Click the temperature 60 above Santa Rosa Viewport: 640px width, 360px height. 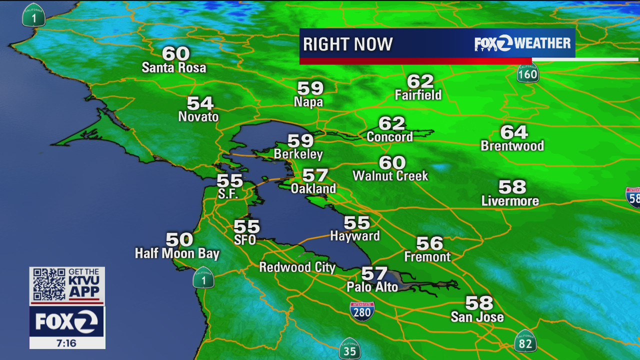pos(176,53)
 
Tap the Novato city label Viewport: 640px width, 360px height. pos(198,117)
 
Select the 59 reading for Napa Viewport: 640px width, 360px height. pos(310,88)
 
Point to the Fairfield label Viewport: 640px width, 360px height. pos(418,95)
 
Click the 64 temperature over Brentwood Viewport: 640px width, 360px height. pos(514,132)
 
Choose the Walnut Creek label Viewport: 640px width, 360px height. pos(390,176)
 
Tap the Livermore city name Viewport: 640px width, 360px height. pos(510,201)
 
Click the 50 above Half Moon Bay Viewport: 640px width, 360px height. pos(179,239)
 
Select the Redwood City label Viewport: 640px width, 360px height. pos(297,267)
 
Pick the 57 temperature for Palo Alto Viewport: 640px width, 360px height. pos(374,273)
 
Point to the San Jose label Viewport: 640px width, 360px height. pos(477,317)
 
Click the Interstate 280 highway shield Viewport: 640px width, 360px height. pos(362,311)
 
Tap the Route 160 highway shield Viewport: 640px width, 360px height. pos(527,74)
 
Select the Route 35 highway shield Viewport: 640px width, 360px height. pos(349,349)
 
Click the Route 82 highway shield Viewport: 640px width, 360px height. pos(525,341)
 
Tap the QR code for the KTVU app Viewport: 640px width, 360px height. pos(49,284)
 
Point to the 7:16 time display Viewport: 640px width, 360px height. pos(67,343)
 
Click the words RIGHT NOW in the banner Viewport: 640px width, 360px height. pos(348,44)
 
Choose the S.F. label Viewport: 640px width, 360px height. pos(228,194)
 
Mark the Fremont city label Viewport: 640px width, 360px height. pos(427,257)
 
